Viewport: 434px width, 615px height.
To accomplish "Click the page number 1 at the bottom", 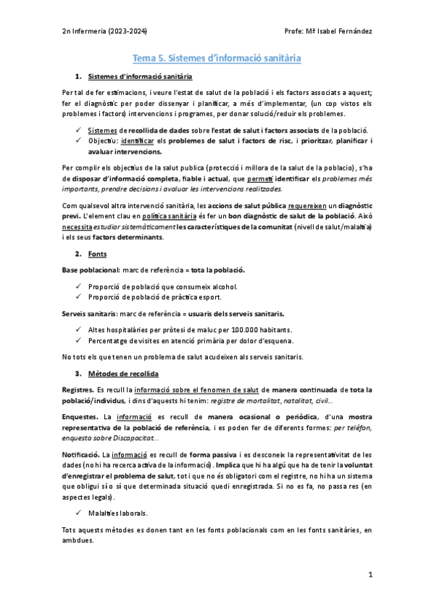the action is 370,574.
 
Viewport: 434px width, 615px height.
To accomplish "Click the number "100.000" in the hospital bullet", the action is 246,329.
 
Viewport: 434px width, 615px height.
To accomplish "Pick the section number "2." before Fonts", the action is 78,255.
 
